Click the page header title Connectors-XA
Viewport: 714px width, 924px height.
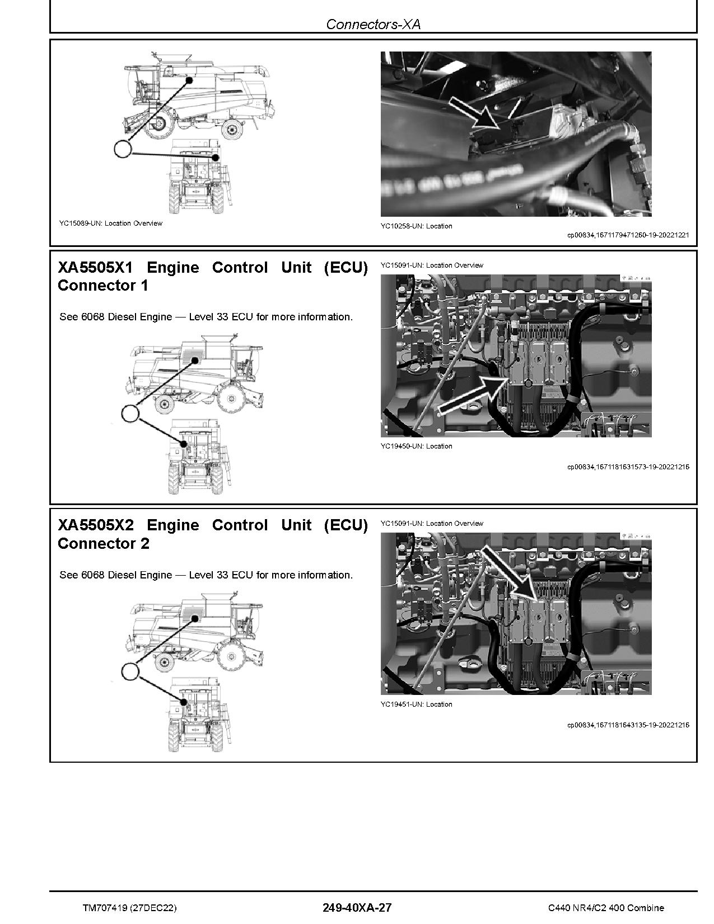(373, 24)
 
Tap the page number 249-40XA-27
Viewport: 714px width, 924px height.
(357, 908)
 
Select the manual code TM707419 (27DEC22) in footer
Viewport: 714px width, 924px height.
(129, 908)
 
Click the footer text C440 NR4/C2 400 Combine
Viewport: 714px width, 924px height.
(606, 908)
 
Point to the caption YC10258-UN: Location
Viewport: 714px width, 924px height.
(416, 226)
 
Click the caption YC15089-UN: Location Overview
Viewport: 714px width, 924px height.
(110, 223)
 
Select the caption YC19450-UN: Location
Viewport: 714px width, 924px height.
(416, 446)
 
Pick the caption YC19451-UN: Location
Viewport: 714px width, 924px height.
(416, 704)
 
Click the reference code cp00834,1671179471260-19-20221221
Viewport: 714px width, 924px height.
(628, 235)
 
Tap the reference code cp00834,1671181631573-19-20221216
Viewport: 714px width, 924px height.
(628, 467)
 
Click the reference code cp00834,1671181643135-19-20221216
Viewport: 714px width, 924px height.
(628, 725)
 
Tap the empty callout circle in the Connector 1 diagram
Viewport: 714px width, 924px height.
(130, 413)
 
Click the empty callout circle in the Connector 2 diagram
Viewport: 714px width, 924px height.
(130, 671)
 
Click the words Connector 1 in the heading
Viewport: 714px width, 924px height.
(103, 286)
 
